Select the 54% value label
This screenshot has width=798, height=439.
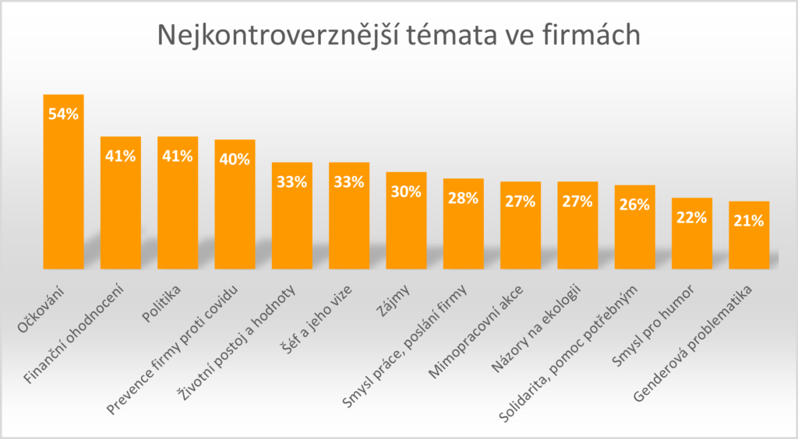tap(63, 114)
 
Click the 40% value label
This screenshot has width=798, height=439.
tap(235, 159)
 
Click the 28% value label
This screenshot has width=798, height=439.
tap(463, 198)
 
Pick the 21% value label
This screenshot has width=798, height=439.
tap(749, 220)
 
